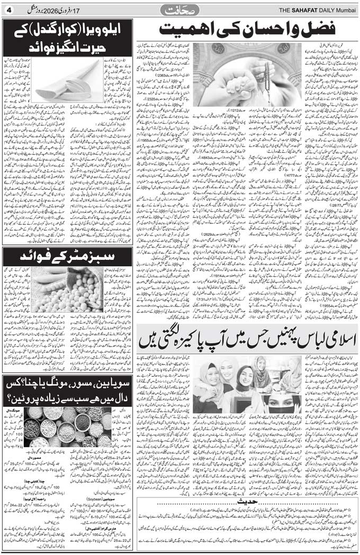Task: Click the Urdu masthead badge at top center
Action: coord(179,9)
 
